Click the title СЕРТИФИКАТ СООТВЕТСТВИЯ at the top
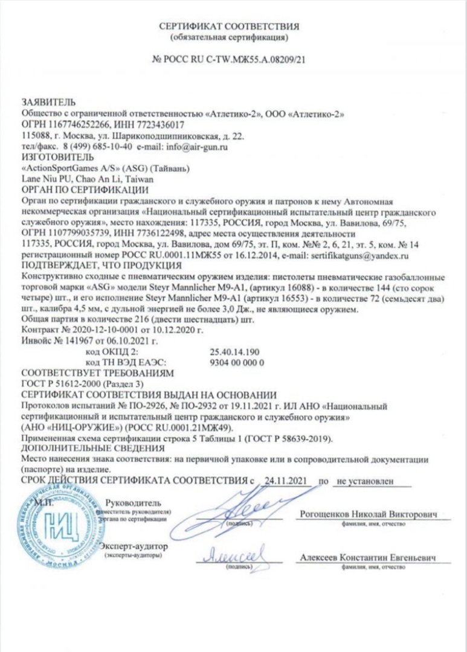pyautogui.click(x=229, y=27)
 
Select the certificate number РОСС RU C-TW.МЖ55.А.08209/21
pyautogui.click(x=236, y=60)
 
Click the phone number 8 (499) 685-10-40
pyautogui.click(x=98, y=147)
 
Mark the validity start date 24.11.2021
pyautogui.click(x=284, y=481)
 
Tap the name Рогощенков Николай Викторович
pyautogui.click(x=375, y=514)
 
